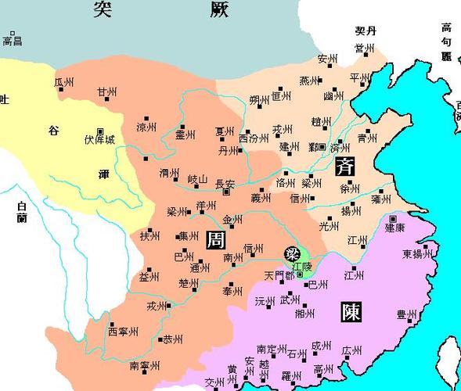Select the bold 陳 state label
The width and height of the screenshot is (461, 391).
pyautogui.click(x=351, y=313)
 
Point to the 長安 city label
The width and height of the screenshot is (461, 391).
pyautogui.click(x=225, y=184)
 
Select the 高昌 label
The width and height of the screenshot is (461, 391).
pyautogui.click(x=12, y=40)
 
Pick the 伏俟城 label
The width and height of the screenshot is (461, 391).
pyautogui.click(x=99, y=139)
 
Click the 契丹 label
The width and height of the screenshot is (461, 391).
pyautogui.click(x=366, y=31)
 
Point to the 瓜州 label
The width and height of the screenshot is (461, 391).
pyautogui.click(x=64, y=82)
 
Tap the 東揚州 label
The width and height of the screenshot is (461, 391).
pyautogui.click(x=417, y=254)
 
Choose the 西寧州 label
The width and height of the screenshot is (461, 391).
pyautogui.click(x=123, y=332)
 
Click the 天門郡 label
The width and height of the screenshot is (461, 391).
pyautogui.click(x=279, y=276)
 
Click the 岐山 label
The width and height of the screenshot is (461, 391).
pyautogui.click(x=196, y=180)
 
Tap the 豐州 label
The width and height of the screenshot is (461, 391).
pyautogui.click(x=407, y=315)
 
